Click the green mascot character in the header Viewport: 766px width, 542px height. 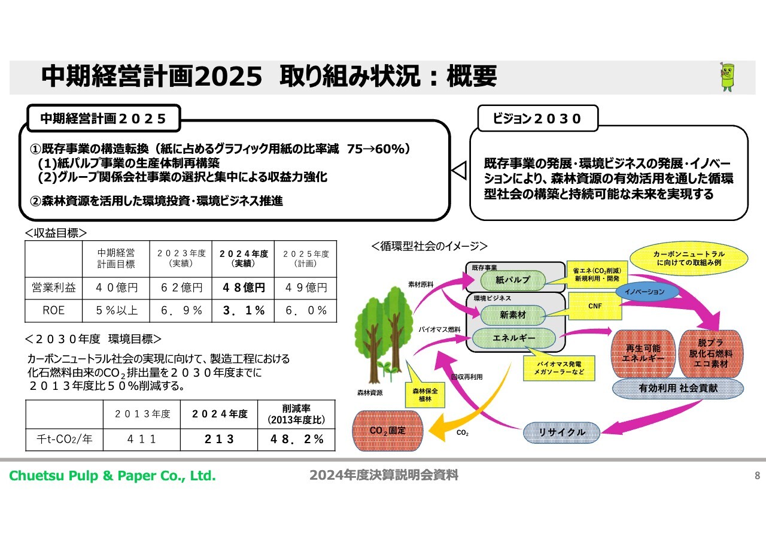coord(727,77)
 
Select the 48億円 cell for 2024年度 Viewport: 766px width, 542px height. coord(243,287)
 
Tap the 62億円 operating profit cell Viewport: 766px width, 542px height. coord(181,287)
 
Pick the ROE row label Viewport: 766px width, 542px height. coord(54,310)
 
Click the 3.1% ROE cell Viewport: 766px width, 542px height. coord(243,310)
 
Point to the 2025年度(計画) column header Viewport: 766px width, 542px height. coord(305,259)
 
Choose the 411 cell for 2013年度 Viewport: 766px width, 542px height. coord(142,439)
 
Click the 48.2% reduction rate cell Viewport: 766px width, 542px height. coord(296,439)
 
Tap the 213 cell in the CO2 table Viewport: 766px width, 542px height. coord(219,439)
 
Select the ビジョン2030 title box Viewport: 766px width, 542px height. coord(537,119)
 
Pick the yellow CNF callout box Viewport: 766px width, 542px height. coord(595,306)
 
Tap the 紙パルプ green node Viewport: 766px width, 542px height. coord(513,280)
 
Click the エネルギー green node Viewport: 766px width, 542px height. coord(513,338)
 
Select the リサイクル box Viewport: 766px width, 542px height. coord(561,432)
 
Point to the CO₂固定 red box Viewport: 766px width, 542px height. coord(387,431)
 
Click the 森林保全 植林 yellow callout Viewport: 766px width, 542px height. coord(425,395)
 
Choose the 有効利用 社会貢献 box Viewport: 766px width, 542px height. coord(678,388)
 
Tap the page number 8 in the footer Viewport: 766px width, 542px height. coord(757,476)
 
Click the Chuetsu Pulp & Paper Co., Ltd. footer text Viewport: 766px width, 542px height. coord(113,476)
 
